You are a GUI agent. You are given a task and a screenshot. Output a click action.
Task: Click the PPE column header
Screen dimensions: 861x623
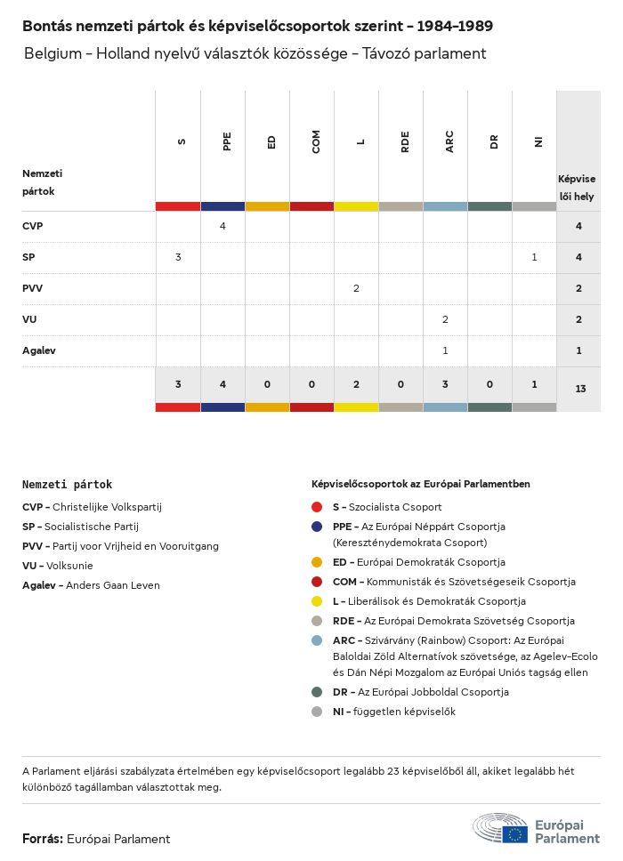(227, 141)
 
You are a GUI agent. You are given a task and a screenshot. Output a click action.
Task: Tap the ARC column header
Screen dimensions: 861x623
(449, 141)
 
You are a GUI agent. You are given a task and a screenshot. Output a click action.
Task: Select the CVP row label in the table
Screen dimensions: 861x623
(33, 226)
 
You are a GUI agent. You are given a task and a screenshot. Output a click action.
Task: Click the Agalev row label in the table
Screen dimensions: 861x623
(39, 350)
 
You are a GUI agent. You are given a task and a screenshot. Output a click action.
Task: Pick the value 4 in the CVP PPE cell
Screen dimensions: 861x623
(222, 226)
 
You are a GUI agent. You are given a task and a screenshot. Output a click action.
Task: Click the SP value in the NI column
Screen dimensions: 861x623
(534, 257)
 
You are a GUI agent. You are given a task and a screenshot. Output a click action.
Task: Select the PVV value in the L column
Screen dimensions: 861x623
(356, 288)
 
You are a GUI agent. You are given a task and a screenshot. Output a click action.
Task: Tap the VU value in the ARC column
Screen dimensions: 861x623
(445, 319)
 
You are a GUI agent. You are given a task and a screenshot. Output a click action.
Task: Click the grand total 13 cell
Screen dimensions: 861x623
(580, 389)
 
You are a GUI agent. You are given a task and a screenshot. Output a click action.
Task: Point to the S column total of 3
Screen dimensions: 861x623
(178, 384)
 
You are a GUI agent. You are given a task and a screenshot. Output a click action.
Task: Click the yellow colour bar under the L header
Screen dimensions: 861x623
(356, 206)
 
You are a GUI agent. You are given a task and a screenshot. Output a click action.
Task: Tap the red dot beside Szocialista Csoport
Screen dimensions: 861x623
(317, 507)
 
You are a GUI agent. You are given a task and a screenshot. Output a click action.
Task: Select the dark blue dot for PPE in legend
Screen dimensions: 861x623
(317, 527)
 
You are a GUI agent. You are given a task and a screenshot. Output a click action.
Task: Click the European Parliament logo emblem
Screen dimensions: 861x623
(500, 828)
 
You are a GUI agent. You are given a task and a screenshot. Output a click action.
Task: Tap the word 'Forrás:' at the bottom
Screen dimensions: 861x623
(43, 839)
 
